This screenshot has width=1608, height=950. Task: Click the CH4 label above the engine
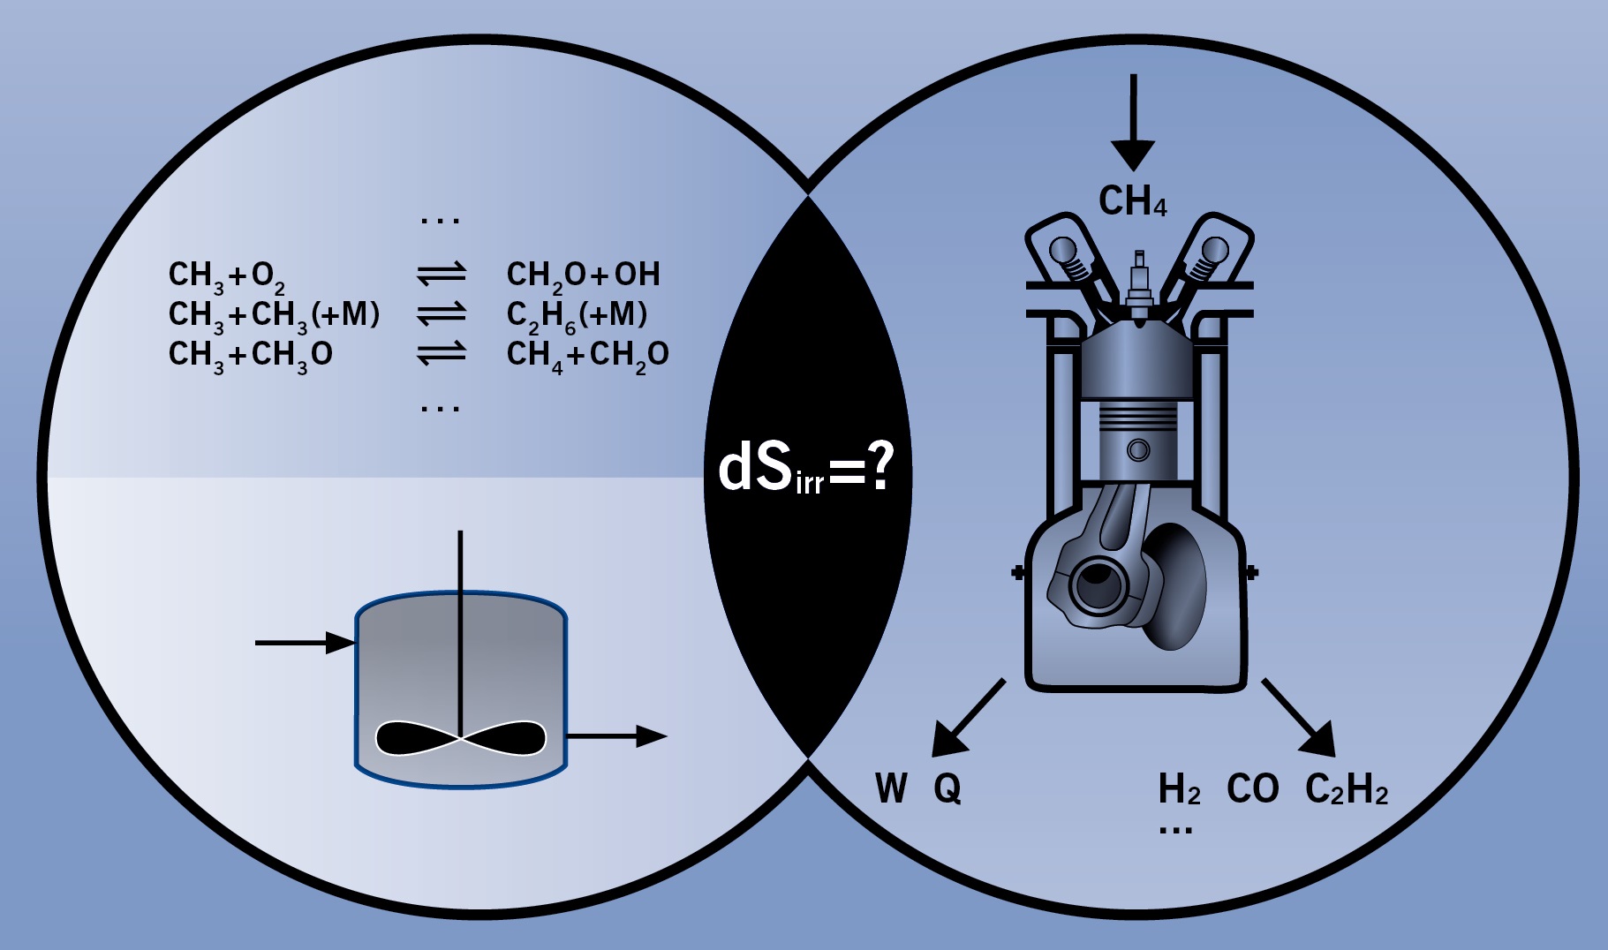tap(1132, 201)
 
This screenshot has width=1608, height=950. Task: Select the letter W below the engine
tap(891, 788)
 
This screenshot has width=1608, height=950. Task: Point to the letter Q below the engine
tap(947, 788)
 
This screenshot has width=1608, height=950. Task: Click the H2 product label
tap(1179, 789)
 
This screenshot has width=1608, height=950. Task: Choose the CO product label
tap(1252, 788)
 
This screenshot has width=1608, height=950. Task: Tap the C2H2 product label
tap(1346, 789)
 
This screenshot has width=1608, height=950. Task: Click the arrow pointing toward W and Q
tap(968, 718)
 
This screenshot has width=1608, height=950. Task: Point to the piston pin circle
tap(1139, 450)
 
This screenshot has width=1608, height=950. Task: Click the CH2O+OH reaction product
tap(583, 275)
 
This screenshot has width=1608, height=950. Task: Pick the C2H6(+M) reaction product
tap(577, 315)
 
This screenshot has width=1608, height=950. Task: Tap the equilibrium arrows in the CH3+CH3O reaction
tap(442, 354)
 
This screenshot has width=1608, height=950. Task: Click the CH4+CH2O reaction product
tap(587, 355)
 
